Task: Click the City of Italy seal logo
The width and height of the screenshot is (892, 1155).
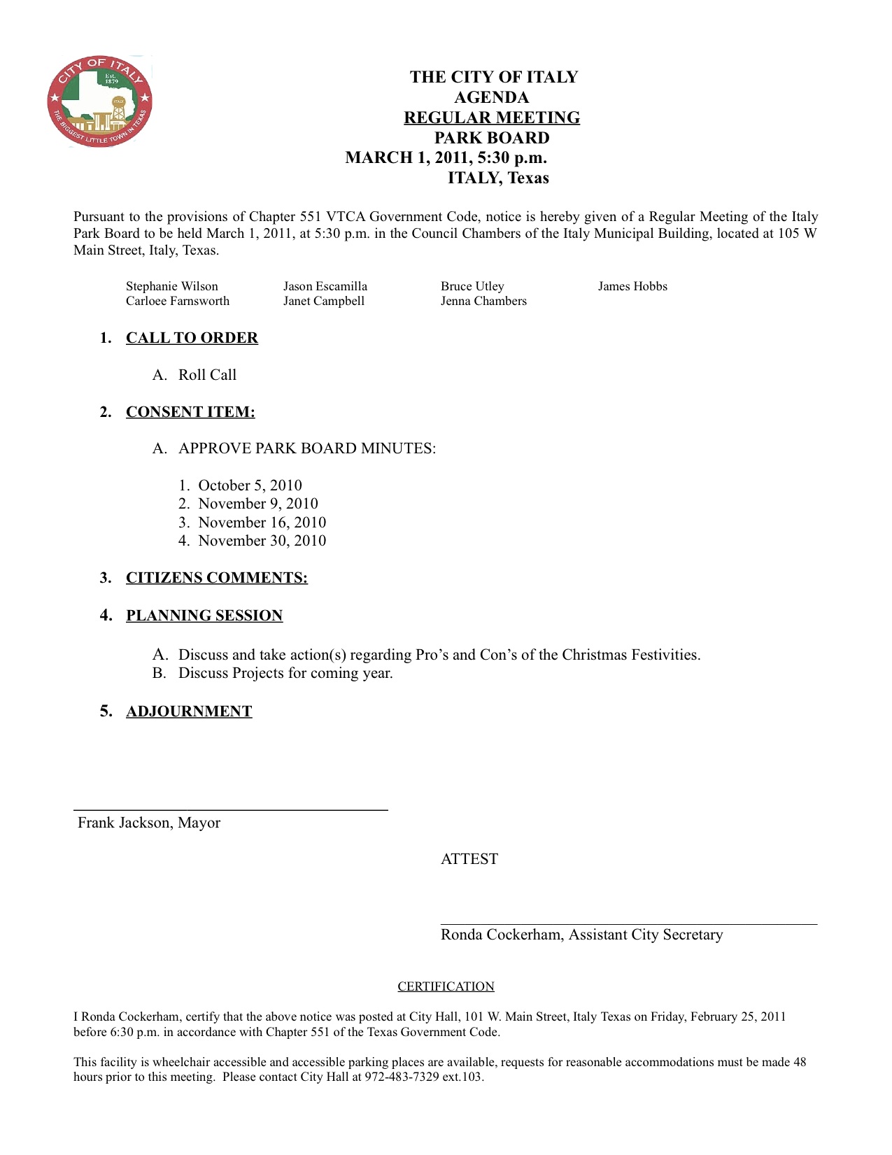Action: click(99, 101)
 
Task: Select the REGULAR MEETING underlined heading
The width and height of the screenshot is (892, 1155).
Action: click(491, 118)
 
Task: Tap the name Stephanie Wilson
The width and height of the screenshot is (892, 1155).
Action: click(172, 286)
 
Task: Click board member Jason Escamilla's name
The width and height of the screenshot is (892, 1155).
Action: click(325, 286)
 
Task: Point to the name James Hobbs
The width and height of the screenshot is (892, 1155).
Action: click(632, 286)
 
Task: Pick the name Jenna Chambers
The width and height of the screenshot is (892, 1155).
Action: click(483, 301)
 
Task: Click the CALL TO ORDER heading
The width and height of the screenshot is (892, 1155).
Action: click(192, 338)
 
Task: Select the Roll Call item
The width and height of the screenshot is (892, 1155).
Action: click(207, 375)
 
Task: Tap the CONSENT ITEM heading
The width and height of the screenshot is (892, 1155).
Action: click(190, 412)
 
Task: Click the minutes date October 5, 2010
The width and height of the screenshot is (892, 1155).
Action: click(250, 486)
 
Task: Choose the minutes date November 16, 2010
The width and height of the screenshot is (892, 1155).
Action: click(262, 523)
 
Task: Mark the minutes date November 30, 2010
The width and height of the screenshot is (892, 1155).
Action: click(262, 541)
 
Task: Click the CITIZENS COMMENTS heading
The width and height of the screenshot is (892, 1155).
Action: click(217, 578)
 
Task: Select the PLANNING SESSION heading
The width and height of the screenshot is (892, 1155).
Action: click(204, 616)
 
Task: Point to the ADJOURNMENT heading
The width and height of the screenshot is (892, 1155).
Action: click(189, 711)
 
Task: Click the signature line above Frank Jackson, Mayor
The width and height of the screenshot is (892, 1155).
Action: click(231, 809)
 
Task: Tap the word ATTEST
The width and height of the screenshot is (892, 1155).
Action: click(469, 859)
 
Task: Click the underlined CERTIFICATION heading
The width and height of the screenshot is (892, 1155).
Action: click(446, 986)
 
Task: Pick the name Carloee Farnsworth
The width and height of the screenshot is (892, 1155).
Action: click(178, 301)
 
